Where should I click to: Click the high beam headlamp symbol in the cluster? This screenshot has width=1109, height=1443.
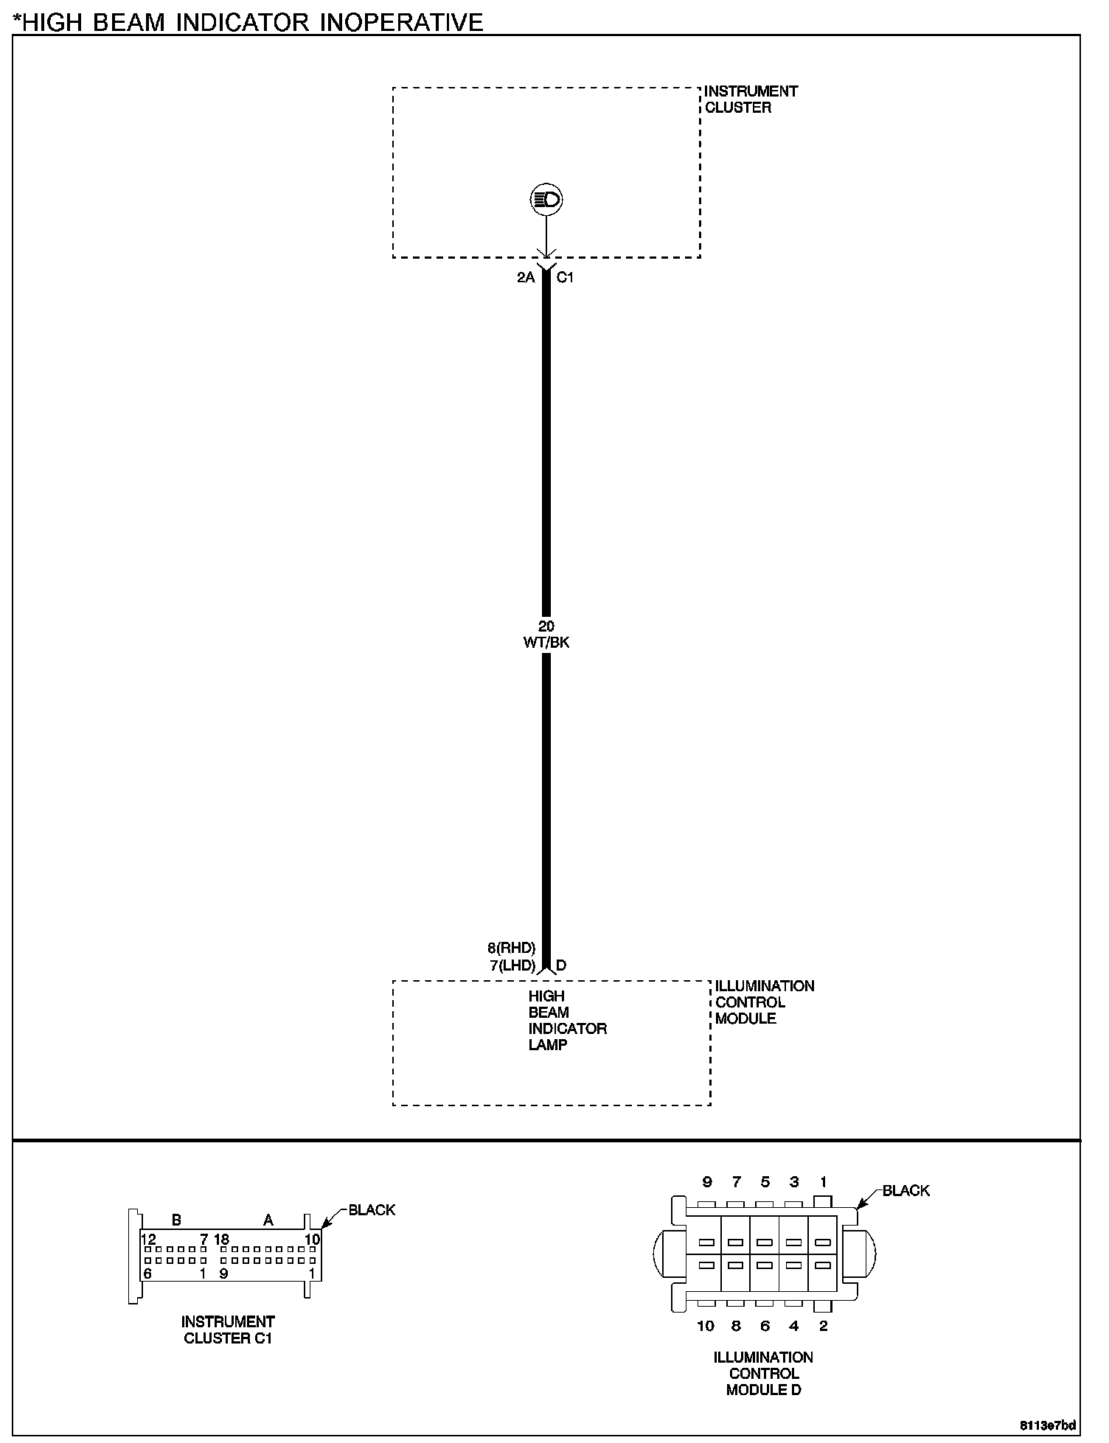(x=546, y=200)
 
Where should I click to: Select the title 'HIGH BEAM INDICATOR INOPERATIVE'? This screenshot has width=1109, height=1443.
(x=251, y=22)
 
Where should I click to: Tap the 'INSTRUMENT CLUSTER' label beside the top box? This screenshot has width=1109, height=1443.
(x=750, y=99)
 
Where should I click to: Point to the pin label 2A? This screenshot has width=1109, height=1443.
(x=526, y=278)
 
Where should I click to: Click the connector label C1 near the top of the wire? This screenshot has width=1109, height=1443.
(x=565, y=278)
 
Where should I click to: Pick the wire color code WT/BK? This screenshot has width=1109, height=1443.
(x=546, y=643)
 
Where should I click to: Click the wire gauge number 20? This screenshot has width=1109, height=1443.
(x=546, y=626)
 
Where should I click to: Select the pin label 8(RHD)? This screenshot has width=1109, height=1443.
(x=511, y=948)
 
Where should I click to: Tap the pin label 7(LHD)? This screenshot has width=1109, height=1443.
(x=512, y=965)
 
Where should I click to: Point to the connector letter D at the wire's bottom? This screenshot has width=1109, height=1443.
(x=561, y=965)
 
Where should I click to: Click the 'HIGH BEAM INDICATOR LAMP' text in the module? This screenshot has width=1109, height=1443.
(x=566, y=1021)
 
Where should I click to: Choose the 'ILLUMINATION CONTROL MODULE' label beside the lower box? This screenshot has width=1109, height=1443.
(x=764, y=1002)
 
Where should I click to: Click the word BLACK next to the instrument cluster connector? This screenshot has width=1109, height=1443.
(x=372, y=1210)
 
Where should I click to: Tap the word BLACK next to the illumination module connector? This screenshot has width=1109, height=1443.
(x=906, y=1191)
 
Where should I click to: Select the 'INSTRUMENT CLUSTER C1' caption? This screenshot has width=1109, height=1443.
(x=228, y=1330)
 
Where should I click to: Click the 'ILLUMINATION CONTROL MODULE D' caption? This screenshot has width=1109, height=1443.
(x=763, y=1374)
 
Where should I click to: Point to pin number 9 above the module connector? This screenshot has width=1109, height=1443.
(x=707, y=1183)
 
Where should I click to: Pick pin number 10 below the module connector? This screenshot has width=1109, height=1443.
(x=706, y=1327)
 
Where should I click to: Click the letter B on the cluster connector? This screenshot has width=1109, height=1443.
(x=176, y=1220)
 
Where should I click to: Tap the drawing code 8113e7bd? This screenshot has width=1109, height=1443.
(x=1048, y=1425)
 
